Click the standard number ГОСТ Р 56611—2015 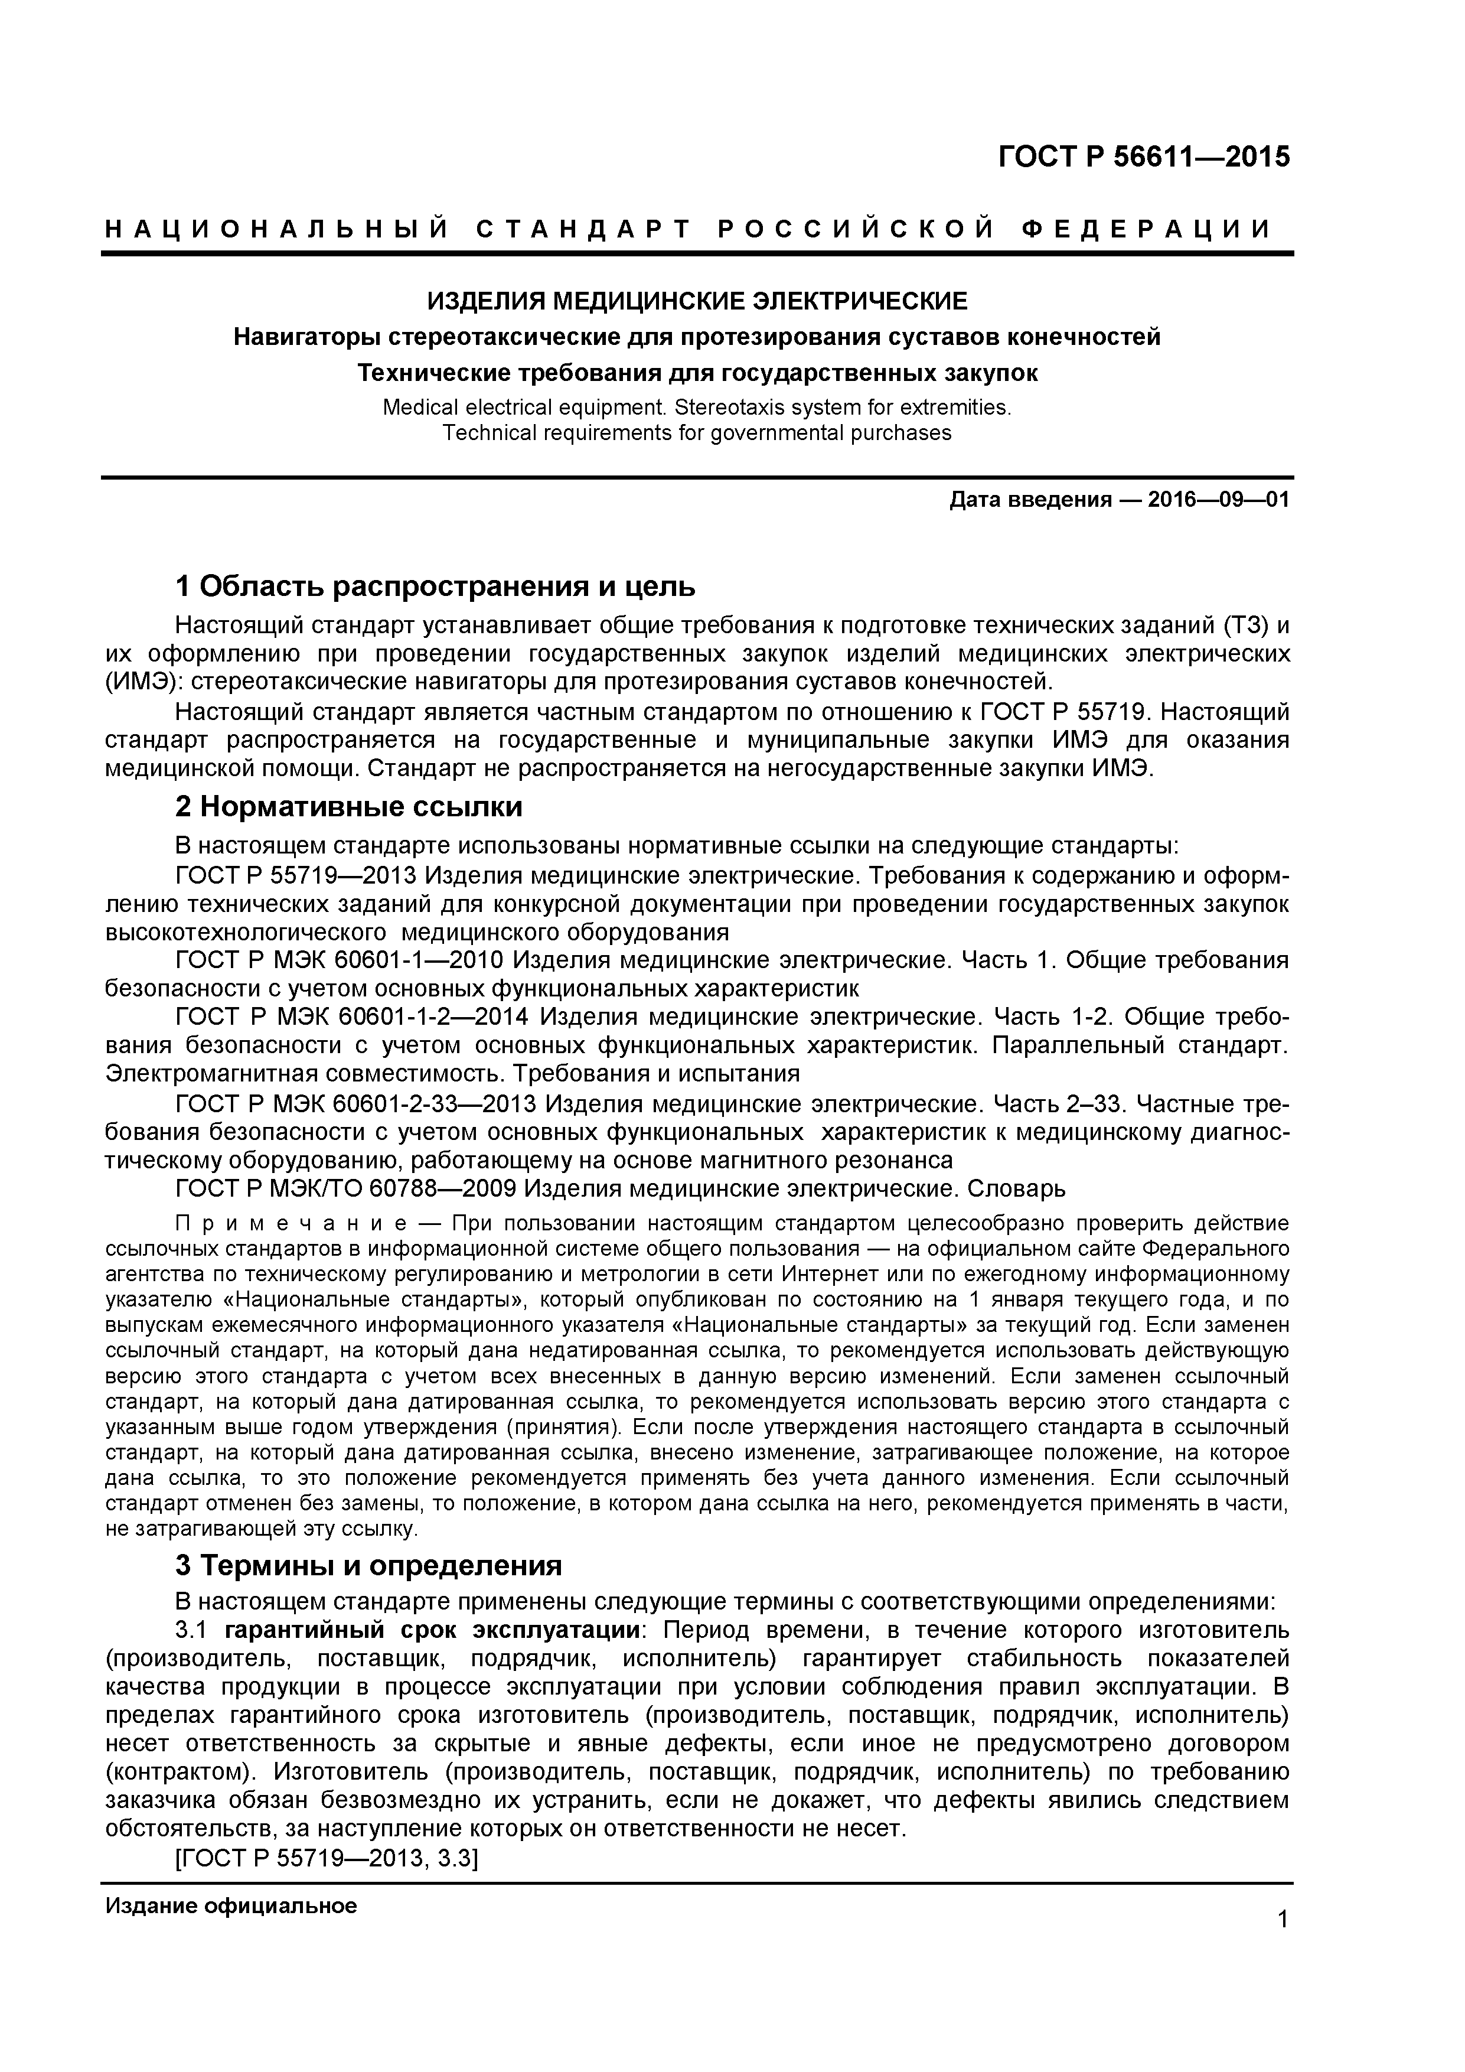tap(1144, 158)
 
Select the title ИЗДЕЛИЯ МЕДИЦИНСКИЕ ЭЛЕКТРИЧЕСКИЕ tap(696, 301)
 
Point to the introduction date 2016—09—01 tap(1218, 500)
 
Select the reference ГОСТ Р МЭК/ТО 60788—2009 tap(345, 1188)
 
